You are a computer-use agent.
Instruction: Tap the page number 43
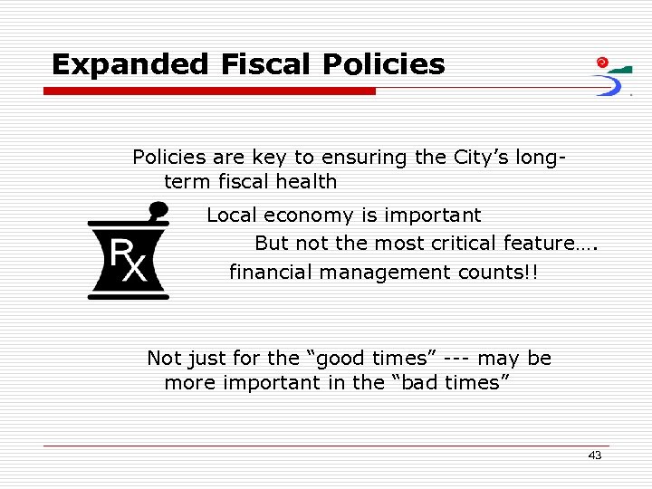pyautogui.click(x=594, y=455)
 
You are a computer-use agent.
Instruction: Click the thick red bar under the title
pyautogui.click(x=209, y=91)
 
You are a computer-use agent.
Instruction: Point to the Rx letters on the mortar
pyautogui.click(x=127, y=260)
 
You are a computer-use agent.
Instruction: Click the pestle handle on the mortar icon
pyautogui.click(x=158, y=212)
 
